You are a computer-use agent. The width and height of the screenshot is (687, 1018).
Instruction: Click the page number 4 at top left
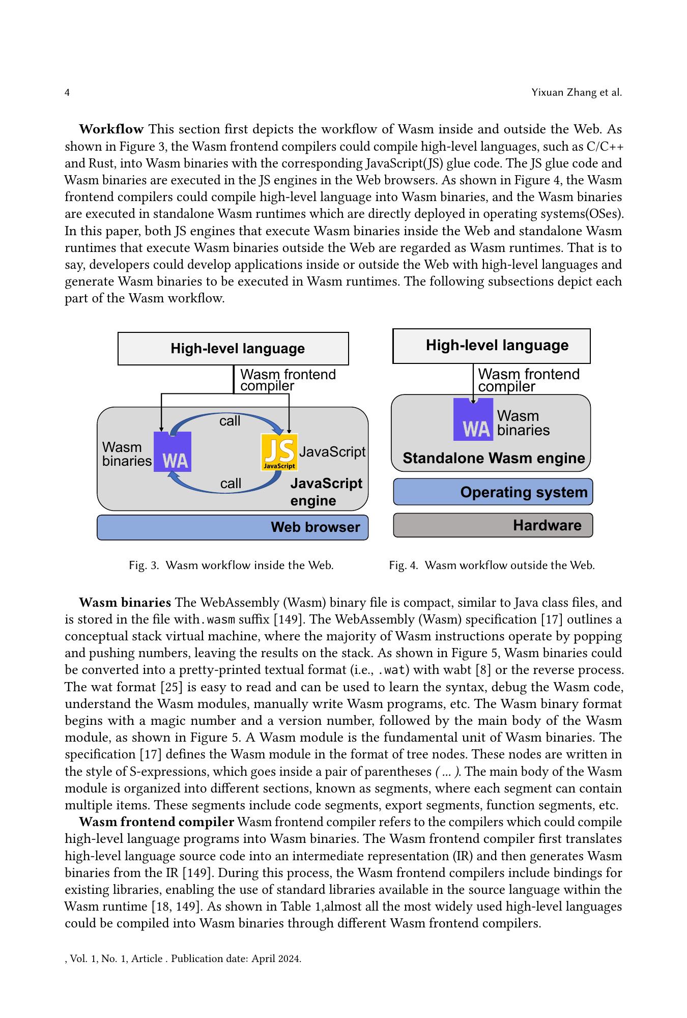67,93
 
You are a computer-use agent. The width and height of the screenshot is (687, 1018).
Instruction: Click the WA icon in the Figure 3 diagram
173,452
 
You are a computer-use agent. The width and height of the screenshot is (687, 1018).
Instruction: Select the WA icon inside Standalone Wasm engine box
473,419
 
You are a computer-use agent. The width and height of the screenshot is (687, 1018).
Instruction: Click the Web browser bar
233,527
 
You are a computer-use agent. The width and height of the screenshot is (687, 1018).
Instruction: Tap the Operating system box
493,492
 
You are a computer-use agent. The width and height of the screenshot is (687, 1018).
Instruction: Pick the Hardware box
493,525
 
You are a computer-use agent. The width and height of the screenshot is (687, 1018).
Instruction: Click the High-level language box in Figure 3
233,349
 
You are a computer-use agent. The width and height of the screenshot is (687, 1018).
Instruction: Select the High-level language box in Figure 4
491,346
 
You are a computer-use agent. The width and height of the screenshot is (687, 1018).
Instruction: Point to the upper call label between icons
230,421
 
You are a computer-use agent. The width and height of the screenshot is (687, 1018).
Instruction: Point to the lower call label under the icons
231,484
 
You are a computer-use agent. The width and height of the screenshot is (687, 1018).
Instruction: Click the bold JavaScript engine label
326,492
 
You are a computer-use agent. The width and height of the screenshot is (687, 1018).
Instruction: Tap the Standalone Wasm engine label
494,458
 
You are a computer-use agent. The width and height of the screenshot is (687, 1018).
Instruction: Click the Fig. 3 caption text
232,565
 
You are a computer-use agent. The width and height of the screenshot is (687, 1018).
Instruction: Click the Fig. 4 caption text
492,565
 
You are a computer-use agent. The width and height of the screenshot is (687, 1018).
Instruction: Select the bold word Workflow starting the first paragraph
111,129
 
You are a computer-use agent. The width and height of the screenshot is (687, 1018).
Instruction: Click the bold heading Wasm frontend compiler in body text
157,822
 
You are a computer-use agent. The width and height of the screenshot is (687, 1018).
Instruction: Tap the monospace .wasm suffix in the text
218,619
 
